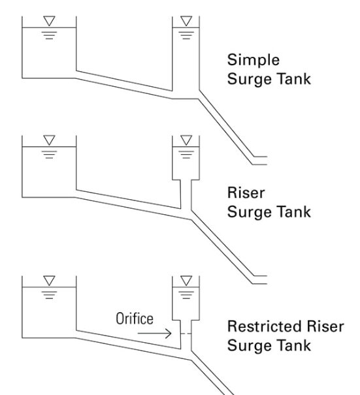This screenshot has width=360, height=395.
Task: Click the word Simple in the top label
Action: tap(254, 60)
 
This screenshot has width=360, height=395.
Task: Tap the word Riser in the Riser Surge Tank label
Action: tap(246, 193)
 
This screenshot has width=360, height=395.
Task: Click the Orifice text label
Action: tap(135, 319)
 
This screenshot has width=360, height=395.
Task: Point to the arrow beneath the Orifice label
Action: tap(155, 334)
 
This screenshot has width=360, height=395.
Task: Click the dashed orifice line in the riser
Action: tap(186, 334)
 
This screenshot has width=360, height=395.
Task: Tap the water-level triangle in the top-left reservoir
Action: tap(49, 21)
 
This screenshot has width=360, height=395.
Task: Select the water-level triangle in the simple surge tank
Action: tap(186, 21)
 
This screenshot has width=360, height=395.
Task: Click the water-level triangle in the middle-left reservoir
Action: tap(49, 140)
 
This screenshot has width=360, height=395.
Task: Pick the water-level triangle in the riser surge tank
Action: tap(186, 140)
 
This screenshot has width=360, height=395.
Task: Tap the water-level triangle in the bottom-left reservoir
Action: tap(49, 281)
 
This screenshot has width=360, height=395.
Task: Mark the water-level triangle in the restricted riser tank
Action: tap(186, 281)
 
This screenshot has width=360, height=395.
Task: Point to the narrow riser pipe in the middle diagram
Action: tap(186, 194)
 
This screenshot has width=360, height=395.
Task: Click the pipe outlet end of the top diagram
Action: tap(267, 161)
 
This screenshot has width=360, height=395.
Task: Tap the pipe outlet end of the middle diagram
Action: tap(267, 280)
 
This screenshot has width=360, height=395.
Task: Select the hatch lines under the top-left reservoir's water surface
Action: tap(49, 35)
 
